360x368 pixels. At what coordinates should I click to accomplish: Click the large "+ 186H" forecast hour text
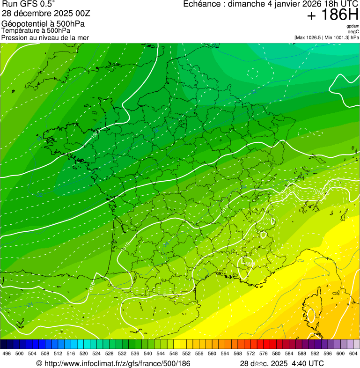(x=332, y=15)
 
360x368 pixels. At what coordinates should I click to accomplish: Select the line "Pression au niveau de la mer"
(x=45, y=37)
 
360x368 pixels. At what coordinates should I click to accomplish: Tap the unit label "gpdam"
(x=353, y=26)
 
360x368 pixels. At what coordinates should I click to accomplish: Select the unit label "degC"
(x=353, y=31)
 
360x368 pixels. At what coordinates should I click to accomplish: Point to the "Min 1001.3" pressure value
(x=336, y=37)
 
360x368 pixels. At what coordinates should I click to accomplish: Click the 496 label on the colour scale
(x=7, y=354)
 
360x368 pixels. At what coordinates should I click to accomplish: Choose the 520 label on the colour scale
(x=83, y=354)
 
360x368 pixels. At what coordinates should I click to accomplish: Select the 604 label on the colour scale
(x=353, y=354)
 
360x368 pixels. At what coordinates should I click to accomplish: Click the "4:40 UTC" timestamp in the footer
(x=308, y=363)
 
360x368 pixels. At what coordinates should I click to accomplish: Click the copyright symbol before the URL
(x=39, y=364)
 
